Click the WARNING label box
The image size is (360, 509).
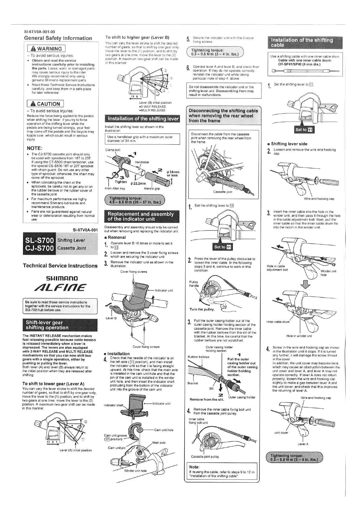[x=46, y=49]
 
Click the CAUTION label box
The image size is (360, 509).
[x=45, y=104]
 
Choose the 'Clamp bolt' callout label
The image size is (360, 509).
[x=113, y=150]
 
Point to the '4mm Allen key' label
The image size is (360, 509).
[x=115, y=188]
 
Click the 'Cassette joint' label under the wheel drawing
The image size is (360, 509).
[x=223, y=192]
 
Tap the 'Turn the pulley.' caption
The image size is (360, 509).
[x=202, y=309]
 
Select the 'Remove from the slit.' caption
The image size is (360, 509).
[x=207, y=400]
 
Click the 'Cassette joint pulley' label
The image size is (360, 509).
[x=205, y=456]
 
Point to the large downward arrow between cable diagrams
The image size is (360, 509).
[x=306, y=284]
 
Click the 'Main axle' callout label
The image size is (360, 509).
[x=159, y=443]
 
